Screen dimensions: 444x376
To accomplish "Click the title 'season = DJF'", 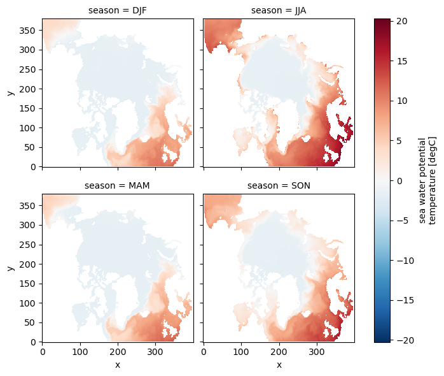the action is pos(118,10).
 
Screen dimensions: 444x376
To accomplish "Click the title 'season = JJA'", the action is pos(279,10).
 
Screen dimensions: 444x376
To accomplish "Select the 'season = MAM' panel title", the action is pos(117,185).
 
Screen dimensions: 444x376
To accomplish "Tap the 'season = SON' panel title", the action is pos(279,185).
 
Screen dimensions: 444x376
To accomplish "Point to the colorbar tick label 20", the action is pos(401,21).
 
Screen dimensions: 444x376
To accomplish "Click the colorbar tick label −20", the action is pos(405,340).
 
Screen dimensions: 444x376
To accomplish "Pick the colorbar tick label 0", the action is pos(399,181).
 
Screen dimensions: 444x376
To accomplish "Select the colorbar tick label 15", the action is pos(401,61).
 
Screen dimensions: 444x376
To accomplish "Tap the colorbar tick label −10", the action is pos(405,261).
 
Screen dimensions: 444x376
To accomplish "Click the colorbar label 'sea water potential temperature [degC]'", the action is pos(427,181).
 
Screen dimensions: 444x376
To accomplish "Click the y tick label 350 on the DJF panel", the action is pos(27,31).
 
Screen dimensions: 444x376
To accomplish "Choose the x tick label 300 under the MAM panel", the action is pos(155,352).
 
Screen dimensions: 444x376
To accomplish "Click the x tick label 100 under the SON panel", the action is pos(241,352).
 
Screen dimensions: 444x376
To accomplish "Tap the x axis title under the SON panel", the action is pos(279,365).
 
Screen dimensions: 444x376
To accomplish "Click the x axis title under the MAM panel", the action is pos(118,365).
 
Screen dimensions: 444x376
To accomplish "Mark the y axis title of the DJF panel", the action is pos(11,93).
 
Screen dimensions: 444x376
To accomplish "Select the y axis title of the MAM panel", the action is pos(11,268).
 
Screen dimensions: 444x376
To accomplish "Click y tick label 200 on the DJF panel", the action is pos(27,89).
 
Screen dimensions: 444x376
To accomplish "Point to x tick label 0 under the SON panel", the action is pos(204,352).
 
